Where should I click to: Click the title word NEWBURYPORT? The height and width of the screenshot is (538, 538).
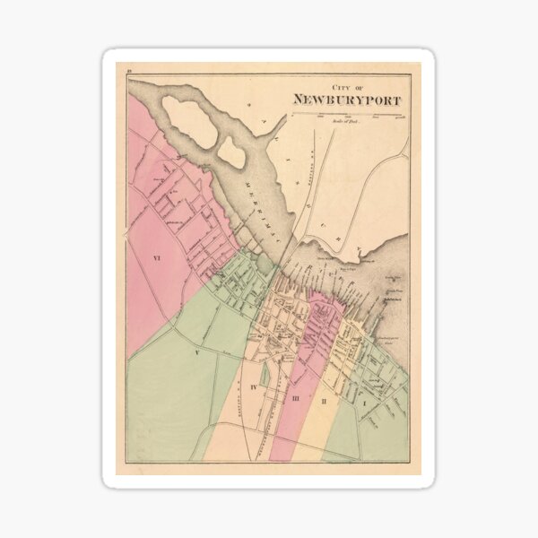(x=347, y=100)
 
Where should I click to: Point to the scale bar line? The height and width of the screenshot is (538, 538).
(x=350, y=114)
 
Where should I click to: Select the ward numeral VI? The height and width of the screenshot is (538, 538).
(x=155, y=258)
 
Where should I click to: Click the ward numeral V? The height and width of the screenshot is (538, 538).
(x=195, y=353)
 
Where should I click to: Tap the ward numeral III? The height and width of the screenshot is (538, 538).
(x=295, y=395)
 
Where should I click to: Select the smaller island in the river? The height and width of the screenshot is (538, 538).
(x=231, y=152)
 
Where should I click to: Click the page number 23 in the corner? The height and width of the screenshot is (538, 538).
(x=130, y=70)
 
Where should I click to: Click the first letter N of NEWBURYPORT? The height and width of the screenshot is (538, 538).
(x=298, y=100)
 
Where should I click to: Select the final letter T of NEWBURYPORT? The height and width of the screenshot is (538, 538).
(x=397, y=100)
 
